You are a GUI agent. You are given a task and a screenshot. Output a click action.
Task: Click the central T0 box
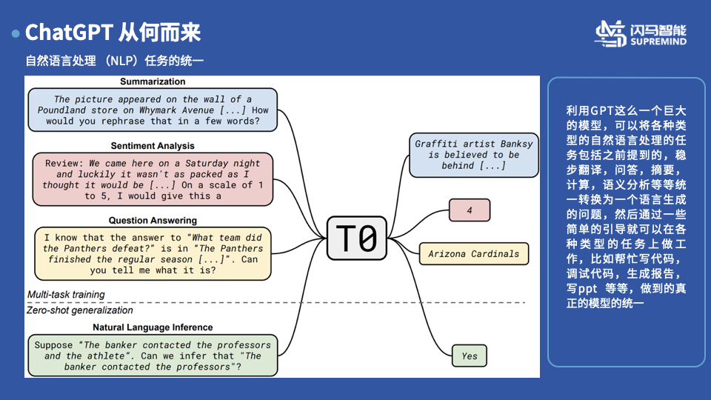[x=357, y=239]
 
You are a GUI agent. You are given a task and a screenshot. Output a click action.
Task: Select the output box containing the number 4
[x=470, y=210]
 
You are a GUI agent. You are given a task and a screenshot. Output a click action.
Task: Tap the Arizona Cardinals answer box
[x=474, y=254]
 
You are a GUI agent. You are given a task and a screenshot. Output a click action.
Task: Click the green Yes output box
[x=470, y=356]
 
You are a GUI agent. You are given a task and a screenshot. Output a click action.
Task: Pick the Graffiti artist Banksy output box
[x=473, y=155]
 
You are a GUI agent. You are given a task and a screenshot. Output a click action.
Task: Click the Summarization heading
[x=153, y=81]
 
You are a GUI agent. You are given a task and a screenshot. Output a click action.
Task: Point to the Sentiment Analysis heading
[x=153, y=146]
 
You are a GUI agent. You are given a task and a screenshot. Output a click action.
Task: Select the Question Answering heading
[x=153, y=220]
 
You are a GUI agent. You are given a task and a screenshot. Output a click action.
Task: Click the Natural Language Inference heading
[x=153, y=327]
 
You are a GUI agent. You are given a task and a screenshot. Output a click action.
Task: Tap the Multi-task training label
[x=66, y=295]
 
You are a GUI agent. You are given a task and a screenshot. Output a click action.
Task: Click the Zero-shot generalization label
[x=80, y=310]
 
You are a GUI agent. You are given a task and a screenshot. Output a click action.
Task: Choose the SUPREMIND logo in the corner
[x=641, y=33]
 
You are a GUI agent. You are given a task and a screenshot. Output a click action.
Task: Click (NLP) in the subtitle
[x=124, y=61]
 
